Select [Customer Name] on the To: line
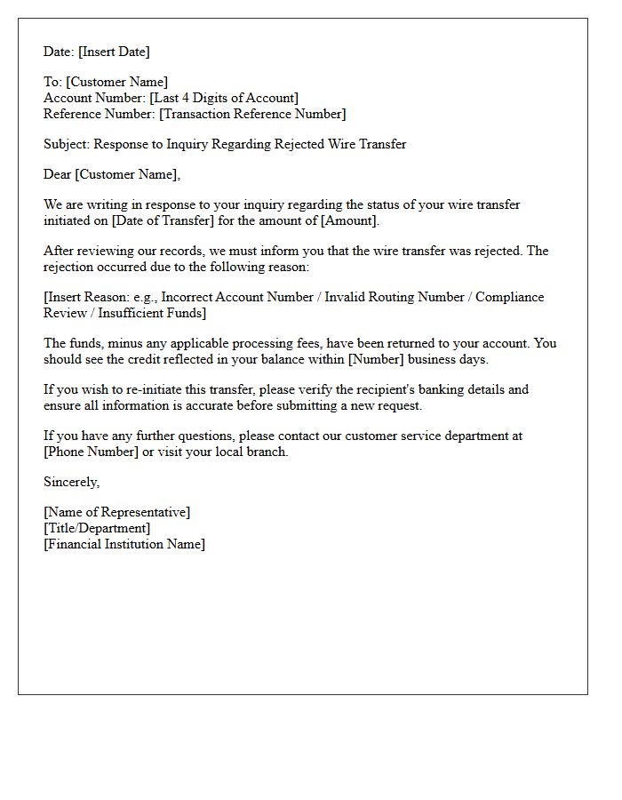[116, 82]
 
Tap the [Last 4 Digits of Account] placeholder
[224, 98]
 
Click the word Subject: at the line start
[67, 144]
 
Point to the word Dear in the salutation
[58, 174]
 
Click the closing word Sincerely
[71, 482]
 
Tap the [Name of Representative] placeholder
[116, 512]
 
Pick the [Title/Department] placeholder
[97, 528]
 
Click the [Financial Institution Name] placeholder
[124, 544]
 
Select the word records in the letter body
[178, 251]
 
